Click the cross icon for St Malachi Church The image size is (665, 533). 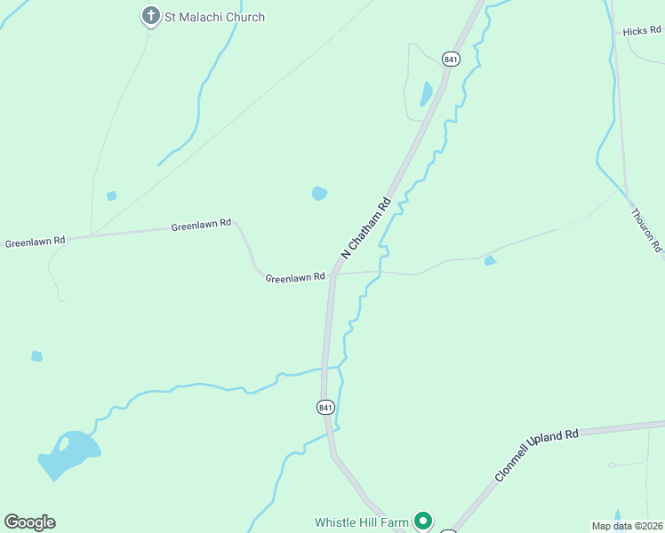click(x=151, y=15)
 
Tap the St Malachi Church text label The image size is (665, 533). click(x=214, y=17)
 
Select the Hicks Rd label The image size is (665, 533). click(x=642, y=31)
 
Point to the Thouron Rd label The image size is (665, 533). click(x=646, y=230)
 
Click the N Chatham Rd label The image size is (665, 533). click(x=365, y=227)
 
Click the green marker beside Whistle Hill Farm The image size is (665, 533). click(x=424, y=521)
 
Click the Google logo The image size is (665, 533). click(x=29, y=522)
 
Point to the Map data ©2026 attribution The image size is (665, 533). click(x=627, y=525)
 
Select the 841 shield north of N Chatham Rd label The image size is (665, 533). click(x=451, y=60)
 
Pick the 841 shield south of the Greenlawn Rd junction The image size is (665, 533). click(x=325, y=406)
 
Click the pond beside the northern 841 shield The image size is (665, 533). click(x=426, y=92)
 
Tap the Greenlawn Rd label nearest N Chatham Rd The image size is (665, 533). click(x=294, y=278)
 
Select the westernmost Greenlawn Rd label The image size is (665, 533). click(x=36, y=241)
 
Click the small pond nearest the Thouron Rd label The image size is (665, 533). click(x=490, y=260)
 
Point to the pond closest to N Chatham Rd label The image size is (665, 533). click(x=320, y=193)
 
